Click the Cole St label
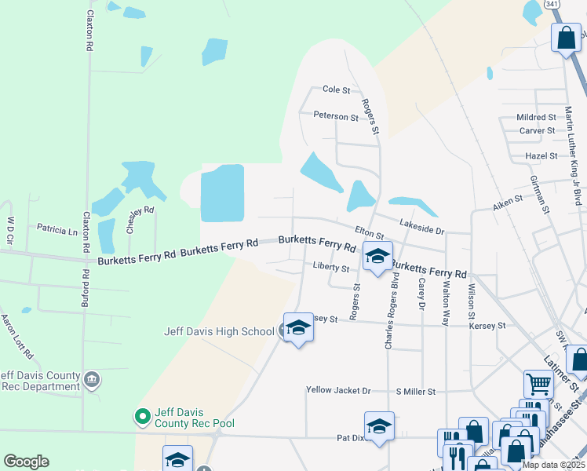pyautogui.click(x=336, y=90)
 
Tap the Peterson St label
pyautogui.click(x=335, y=116)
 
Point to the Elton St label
pyautogui.click(x=369, y=232)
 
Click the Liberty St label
pyautogui.click(x=330, y=267)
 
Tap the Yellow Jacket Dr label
pyautogui.click(x=337, y=390)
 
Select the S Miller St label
pyautogui.click(x=415, y=390)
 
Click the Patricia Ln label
pyautogui.click(x=57, y=230)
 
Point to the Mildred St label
pyautogui.click(x=536, y=117)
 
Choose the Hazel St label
pyautogui.click(x=541, y=156)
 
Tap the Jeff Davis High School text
pyautogui.click(x=219, y=331)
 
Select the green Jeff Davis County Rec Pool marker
pyautogui.click(x=142, y=416)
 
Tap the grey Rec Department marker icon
pyautogui.click(x=92, y=380)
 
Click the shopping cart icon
pyautogui.click(x=538, y=384)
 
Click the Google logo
pyautogui.click(x=26, y=462)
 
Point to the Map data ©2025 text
pyautogui.click(x=552, y=465)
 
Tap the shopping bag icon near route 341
pyautogui.click(x=567, y=38)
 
